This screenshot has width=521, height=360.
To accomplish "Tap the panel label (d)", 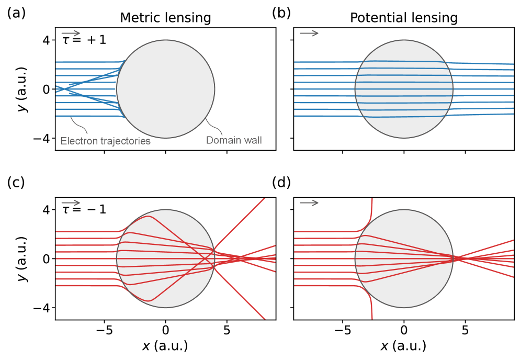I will pyautogui.click(x=282, y=183).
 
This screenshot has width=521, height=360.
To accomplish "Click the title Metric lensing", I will pyautogui.click(x=165, y=18).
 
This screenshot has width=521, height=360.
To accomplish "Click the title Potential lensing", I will pyautogui.click(x=403, y=18).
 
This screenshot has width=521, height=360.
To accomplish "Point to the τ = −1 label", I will pyautogui.click(x=84, y=209).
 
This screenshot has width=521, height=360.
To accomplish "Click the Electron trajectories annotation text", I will pyautogui.click(x=106, y=141).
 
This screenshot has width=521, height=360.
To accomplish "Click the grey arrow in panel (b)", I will pyautogui.click(x=309, y=33).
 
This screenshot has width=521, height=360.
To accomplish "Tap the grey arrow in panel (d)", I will pyautogui.click(x=309, y=203).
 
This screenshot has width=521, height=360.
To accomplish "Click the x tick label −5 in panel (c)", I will pyautogui.click(x=104, y=331).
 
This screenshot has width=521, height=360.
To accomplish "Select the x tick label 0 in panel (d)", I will pyautogui.click(x=404, y=331).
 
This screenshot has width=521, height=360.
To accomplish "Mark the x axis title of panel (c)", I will pyautogui.click(x=165, y=346).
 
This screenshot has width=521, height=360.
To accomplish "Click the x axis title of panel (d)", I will pyautogui.click(x=403, y=346).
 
